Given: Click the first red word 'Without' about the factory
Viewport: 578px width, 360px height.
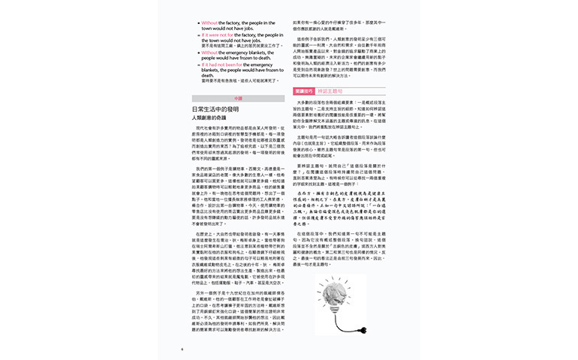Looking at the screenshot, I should [209, 22].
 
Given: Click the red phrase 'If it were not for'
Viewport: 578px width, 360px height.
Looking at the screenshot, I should [216, 34].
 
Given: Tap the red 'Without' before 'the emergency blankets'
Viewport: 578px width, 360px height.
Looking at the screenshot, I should [209, 52].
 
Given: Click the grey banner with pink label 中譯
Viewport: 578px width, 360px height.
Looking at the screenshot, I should [238, 97].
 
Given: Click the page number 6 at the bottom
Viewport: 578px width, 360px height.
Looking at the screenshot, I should [182, 349].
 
